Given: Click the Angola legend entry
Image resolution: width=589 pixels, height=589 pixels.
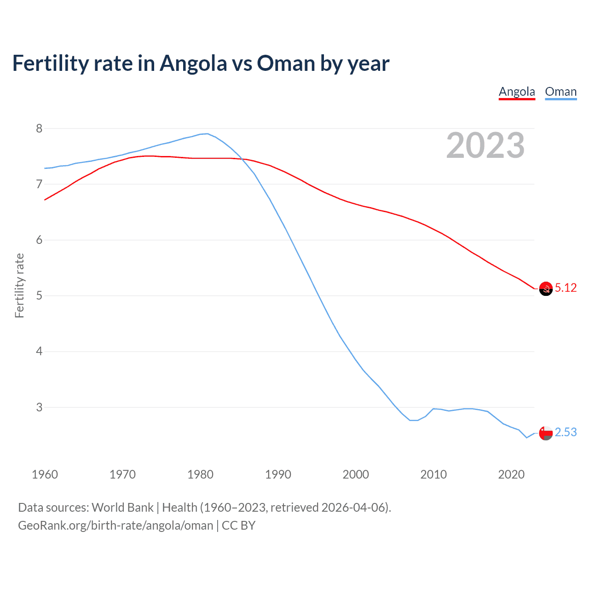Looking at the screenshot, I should click(x=517, y=92).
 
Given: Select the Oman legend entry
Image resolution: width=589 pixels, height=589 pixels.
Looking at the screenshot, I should click(x=560, y=92).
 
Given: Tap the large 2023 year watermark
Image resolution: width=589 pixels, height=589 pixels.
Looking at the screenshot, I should click(x=485, y=145).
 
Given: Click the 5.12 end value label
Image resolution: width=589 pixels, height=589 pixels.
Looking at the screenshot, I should click(x=566, y=288).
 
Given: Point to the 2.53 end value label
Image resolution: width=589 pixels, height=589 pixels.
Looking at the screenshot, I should click(x=566, y=433).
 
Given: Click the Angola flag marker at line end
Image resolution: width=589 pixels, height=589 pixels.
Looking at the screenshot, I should click(x=546, y=289).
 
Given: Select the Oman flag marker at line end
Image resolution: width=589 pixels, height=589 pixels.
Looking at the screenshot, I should click(x=546, y=433).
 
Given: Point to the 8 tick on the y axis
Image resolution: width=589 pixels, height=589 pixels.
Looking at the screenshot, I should click(x=39, y=128).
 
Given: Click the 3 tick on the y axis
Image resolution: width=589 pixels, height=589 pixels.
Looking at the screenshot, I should click(x=39, y=407).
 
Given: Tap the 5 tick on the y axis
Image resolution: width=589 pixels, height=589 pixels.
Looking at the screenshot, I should click(x=39, y=296).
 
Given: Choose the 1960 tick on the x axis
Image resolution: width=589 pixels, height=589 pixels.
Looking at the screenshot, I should click(x=45, y=474).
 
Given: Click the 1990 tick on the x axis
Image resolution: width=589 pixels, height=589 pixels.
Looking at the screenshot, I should click(x=278, y=474).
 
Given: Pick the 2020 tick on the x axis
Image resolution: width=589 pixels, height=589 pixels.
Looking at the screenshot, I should click(x=511, y=474).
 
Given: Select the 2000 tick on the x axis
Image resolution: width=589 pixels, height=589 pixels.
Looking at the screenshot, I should click(x=356, y=474).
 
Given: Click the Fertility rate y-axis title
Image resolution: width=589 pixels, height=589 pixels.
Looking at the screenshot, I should click(x=19, y=285).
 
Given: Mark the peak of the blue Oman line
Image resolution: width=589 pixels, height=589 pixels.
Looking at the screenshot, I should click(x=207, y=134).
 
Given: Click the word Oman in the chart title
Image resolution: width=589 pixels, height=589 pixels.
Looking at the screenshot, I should click(x=286, y=63).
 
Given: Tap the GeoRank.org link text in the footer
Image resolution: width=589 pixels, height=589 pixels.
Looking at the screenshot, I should click(x=115, y=525).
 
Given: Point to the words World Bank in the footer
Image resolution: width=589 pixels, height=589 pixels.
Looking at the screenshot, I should click(x=122, y=508).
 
